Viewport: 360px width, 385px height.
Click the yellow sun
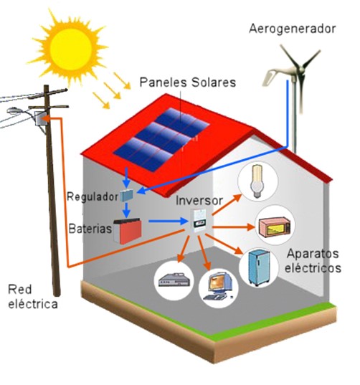pyautogui.click(x=70, y=49)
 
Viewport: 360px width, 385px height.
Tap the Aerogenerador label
pyautogui.click(x=292, y=29)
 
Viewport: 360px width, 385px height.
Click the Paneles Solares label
pyautogui.click(x=188, y=82)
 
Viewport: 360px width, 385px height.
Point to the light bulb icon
pyautogui.click(x=257, y=181)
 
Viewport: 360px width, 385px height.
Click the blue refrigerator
pyautogui.click(x=260, y=267)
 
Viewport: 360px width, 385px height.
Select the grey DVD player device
pyautogui.click(x=174, y=280)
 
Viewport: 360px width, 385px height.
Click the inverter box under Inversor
pyautogui.click(x=199, y=221)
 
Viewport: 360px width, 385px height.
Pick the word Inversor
pyautogui.click(x=199, y=201)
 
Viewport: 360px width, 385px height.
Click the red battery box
pyautogui.click(x=128, y=231)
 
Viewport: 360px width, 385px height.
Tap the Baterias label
pyautogui.click(x=90, y=229)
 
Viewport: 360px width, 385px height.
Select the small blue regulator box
pyautogui.click(x=127, y=196)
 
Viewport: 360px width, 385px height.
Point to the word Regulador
pyautogui.click(x=93, y=197)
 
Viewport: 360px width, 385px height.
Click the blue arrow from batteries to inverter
pyautogui.click(x=168, y=222)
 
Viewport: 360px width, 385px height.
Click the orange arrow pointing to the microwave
pyautogui.click(x=234, y=227)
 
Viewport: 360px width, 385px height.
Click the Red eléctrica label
pyautogui.click(x=33, y=297)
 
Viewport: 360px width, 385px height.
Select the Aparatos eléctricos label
pyautogui.click(x=313, y=261)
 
